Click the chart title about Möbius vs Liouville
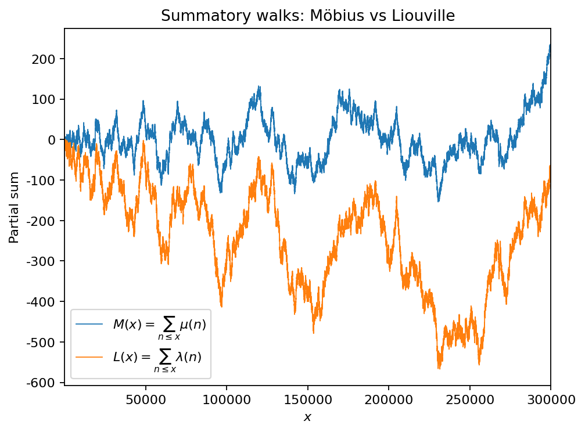click(307, 16)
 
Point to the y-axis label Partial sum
click(13, 207)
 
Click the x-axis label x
click(307, 417)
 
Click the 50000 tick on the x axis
click(145, 399)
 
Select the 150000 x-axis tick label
click(307, 399)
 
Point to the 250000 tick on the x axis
click(469, 399)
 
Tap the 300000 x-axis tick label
click(550, 399)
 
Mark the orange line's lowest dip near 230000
click(439, 368)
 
